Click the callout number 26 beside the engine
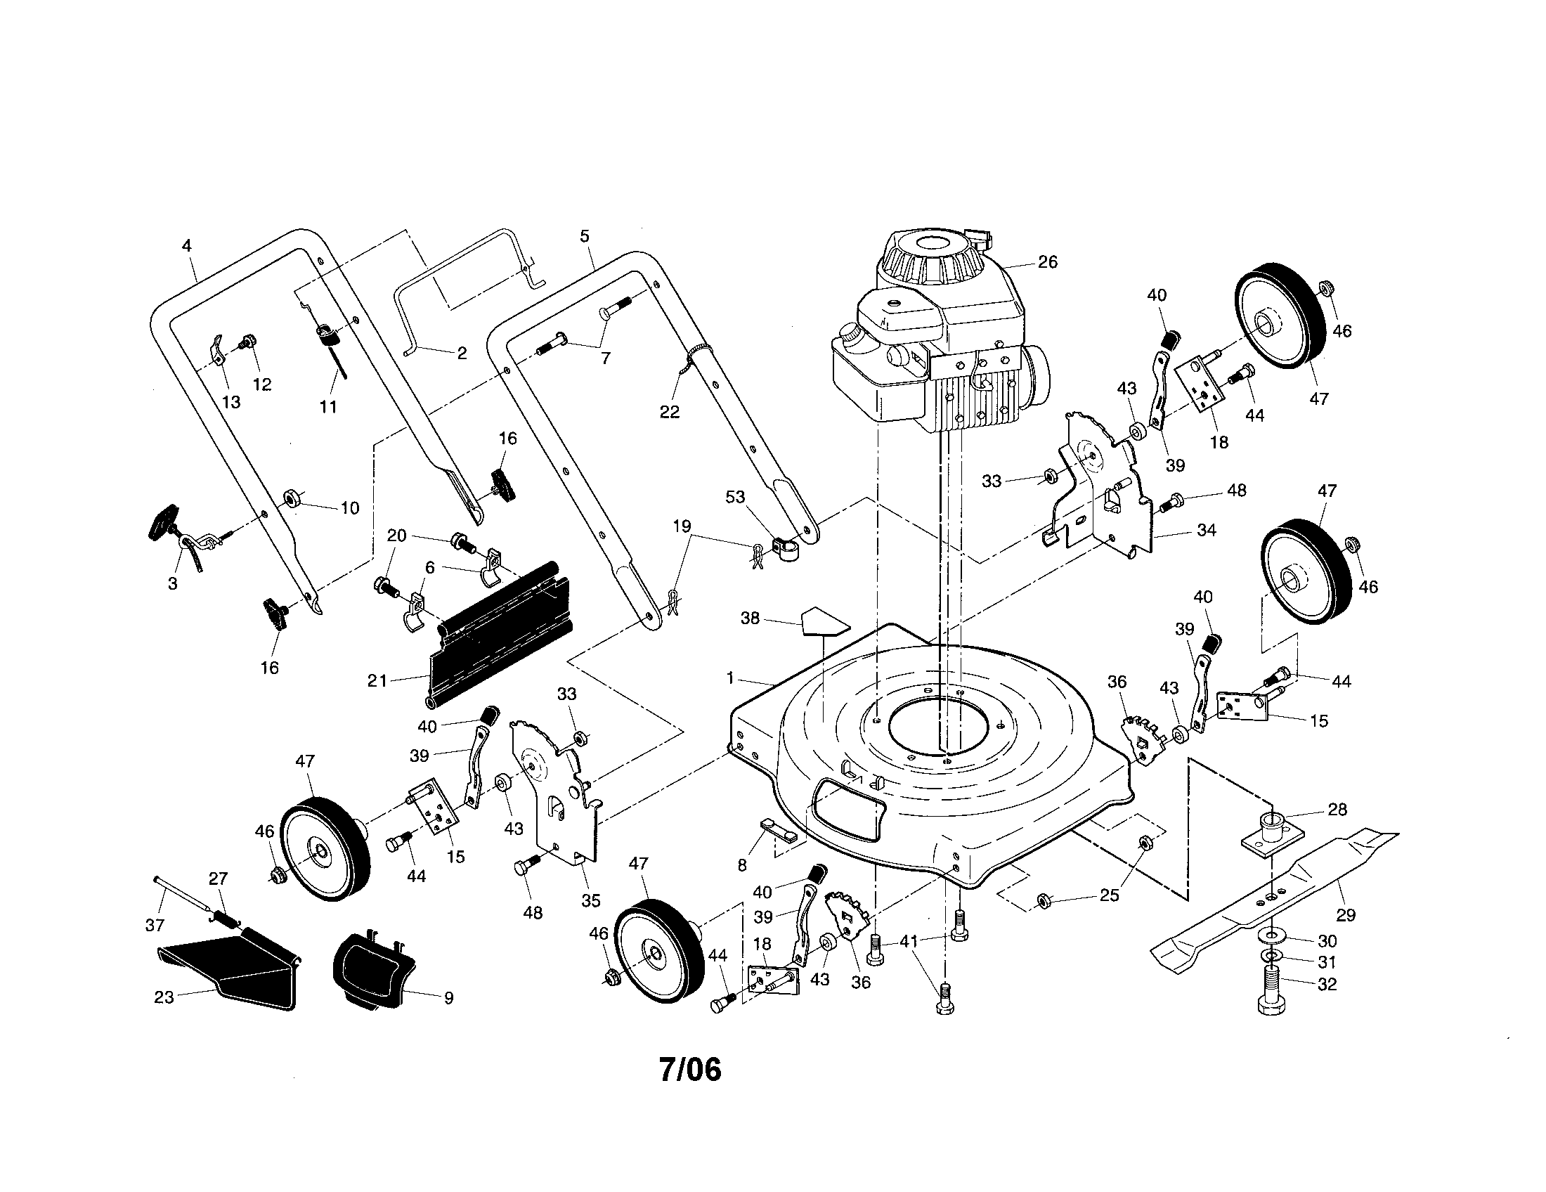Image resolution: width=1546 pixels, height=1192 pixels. (1047, 263)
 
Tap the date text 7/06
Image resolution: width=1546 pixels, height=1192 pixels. (690, 1070)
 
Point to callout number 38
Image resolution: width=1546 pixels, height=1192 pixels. (750, 618)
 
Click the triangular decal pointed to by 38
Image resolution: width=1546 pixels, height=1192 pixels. (825, 621)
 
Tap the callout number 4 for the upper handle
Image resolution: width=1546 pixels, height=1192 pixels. (186, 245)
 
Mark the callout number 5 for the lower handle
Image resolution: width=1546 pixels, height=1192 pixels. (584, 235)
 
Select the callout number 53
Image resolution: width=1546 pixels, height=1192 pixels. (736, 497)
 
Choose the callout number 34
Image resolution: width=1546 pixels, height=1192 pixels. (1206, 529)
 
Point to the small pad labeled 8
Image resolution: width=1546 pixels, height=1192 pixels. (779, 829)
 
